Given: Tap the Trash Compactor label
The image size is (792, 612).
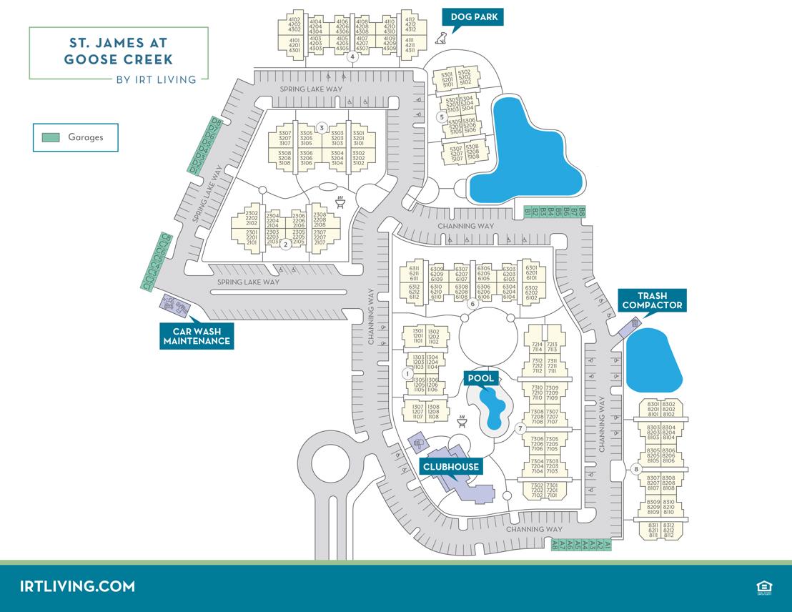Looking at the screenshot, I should [652, 300].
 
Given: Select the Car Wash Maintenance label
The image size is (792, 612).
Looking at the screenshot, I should [197, 336].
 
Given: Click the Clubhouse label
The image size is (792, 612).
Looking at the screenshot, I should [450, 467].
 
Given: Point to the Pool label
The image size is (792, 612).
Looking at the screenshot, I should [480, 377].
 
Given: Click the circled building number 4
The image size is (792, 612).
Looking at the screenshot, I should [352, 57].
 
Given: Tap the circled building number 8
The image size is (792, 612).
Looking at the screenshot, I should [635, 470].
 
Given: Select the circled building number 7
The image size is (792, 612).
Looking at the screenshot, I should [520, 428].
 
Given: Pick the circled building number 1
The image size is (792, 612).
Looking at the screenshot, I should [407, 373].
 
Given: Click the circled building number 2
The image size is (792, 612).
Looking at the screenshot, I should [285, 245].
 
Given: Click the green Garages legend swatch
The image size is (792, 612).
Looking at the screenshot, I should [51, 137].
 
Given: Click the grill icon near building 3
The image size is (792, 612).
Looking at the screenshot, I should [341, 201].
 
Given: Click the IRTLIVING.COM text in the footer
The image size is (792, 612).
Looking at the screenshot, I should [78, 586].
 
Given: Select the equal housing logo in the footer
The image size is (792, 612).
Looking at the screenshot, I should [763, 587].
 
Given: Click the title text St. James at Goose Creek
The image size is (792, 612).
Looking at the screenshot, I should [119, 52].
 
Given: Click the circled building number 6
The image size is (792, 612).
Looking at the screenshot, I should [472, 304].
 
